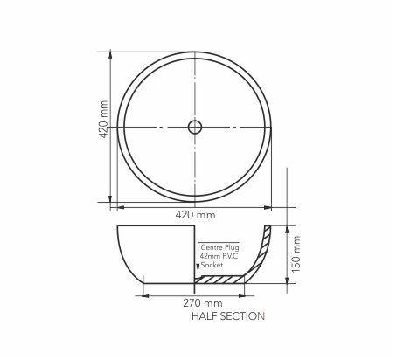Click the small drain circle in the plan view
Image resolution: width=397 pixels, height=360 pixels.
195,127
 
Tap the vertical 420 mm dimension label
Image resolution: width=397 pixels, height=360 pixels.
103,119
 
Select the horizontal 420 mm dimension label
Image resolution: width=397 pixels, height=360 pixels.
195,215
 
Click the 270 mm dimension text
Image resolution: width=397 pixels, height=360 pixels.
203,303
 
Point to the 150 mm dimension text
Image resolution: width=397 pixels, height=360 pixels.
296,254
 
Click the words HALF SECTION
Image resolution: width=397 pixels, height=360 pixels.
228,316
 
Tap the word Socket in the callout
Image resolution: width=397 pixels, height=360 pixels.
212,265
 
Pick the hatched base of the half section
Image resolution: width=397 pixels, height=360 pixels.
219,280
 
